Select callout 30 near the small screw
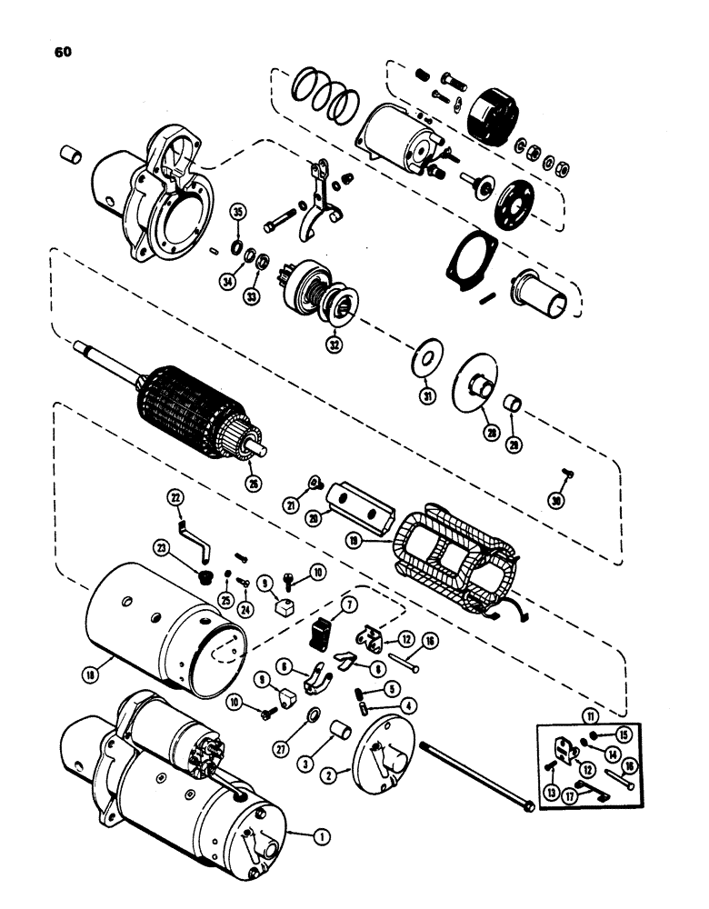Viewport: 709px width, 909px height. click(x=555, y=501)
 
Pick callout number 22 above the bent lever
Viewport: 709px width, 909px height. click(x=175, y=496)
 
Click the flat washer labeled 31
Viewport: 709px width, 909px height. click(x=423, y=358)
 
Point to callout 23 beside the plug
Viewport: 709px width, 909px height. click(x=187, y=548)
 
